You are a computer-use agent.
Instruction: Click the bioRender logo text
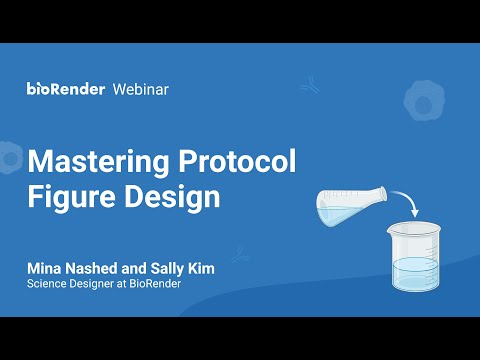pos(66,89)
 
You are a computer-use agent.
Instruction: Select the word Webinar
pos(141,89)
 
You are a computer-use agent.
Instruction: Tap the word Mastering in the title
pos(98,162)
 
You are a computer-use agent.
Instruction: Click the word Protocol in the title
pos(237,161)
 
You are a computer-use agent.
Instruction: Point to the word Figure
pos(71,197)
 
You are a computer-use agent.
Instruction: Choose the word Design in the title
pos(172,197)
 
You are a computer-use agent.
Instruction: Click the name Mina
pos(44,268)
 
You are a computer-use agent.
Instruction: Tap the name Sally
pos(167,269)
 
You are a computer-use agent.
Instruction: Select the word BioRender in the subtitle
pos(155,284)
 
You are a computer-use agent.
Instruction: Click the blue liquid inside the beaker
pos(415,274)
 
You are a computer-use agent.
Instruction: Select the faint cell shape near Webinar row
pos(424,100)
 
